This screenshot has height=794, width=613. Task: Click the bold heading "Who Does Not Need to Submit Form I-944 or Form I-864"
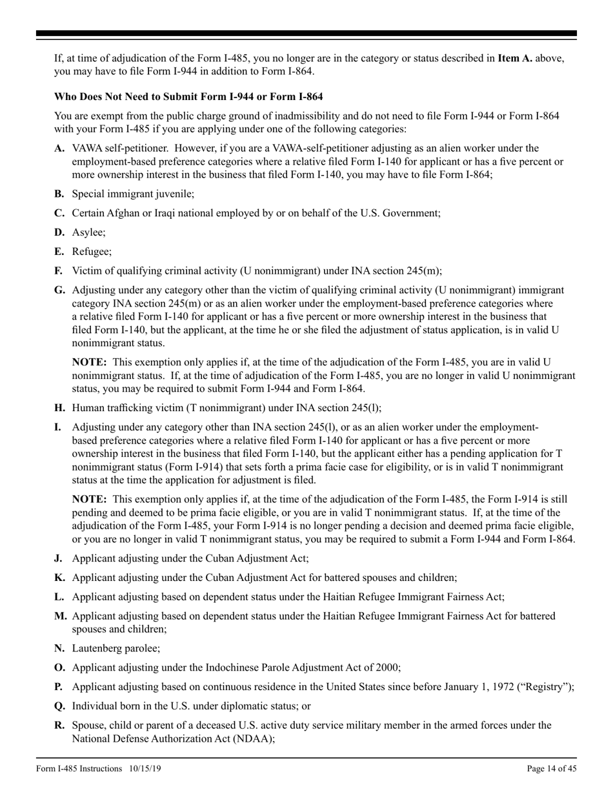(188, 97)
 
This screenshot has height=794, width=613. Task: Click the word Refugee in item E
(91, 252)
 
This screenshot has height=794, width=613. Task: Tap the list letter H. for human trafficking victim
(60, 407)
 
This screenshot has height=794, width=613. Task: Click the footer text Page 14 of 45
(552, 768)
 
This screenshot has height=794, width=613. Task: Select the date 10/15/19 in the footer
(146, 768)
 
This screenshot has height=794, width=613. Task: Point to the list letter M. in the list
(61, 616)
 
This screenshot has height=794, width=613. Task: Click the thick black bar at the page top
(306, 34)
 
